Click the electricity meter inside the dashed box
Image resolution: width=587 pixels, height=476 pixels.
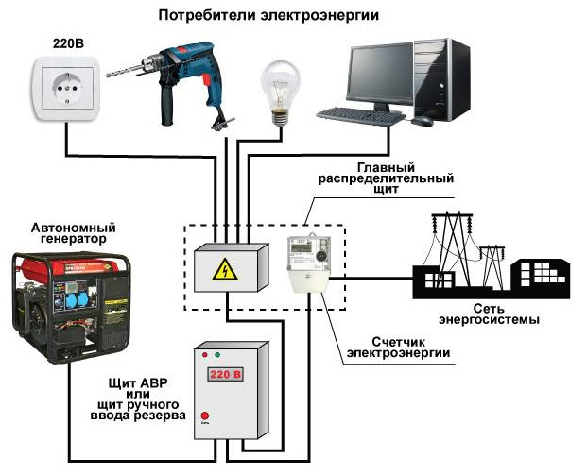311,263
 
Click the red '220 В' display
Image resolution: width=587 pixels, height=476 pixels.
227,374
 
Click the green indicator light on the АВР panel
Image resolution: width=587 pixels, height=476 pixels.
217,356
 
